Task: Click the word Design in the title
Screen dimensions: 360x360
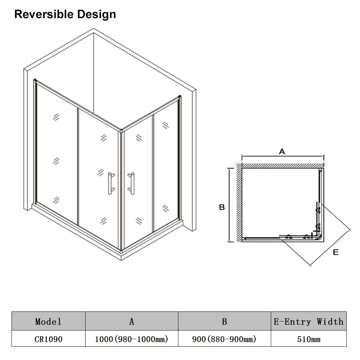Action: [x=97, y=14]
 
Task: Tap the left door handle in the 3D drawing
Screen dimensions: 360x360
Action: [x=111, y=184]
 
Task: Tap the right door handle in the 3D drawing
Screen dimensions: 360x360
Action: [x=131, y=184]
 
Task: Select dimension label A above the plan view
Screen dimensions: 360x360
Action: [x=282, y=151]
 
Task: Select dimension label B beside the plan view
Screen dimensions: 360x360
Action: [x=222, y=207]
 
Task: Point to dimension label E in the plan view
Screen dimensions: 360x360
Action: [x=336, y=252]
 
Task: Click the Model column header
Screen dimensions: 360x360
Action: [x=48, y=322]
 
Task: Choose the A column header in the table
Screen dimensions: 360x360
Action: [x=132, y=322]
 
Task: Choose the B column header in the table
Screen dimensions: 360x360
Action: [x=224, y=322]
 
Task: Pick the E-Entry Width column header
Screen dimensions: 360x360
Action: [x=309, y=322]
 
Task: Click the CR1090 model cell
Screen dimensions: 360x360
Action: [x=49, y=339]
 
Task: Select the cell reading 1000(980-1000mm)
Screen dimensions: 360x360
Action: [x=132, y=339]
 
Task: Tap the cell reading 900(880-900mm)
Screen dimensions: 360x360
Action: [x=224, y=339]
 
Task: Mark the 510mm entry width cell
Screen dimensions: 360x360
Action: [x=309, y=339]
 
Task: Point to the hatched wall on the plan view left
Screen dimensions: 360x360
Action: [x=239, y=202]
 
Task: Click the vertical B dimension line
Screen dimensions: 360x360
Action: [x=229, y=205]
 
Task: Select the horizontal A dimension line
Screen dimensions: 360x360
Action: [x=283, y=156]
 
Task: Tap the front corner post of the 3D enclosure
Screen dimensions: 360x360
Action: [x=121, y=190]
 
